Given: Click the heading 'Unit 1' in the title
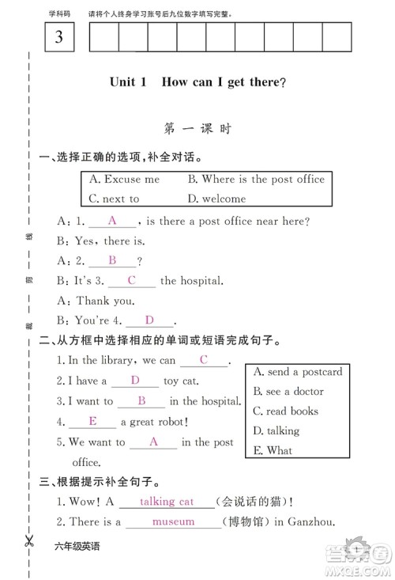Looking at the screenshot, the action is click(x=129, y=82).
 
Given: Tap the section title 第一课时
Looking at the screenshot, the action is click(x=197, y=129).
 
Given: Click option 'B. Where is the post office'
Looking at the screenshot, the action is click(x=256, y=180).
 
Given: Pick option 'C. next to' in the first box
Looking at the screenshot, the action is click(x=114, y=199).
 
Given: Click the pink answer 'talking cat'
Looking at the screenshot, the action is click(x=166, y=502).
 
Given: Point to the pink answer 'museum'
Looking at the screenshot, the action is click(x=173, y=521).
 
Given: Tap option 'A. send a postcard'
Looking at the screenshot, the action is click(x=297, y=371).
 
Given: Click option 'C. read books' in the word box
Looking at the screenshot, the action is click(x=285, y=411).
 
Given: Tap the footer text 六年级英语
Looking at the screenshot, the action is click(x=77, y=547).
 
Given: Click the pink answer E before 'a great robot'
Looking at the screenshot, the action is click(x=92, y=421).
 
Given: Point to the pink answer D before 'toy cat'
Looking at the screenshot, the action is click(x=134, y=381).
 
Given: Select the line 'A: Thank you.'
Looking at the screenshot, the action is click(x=95, y=301).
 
